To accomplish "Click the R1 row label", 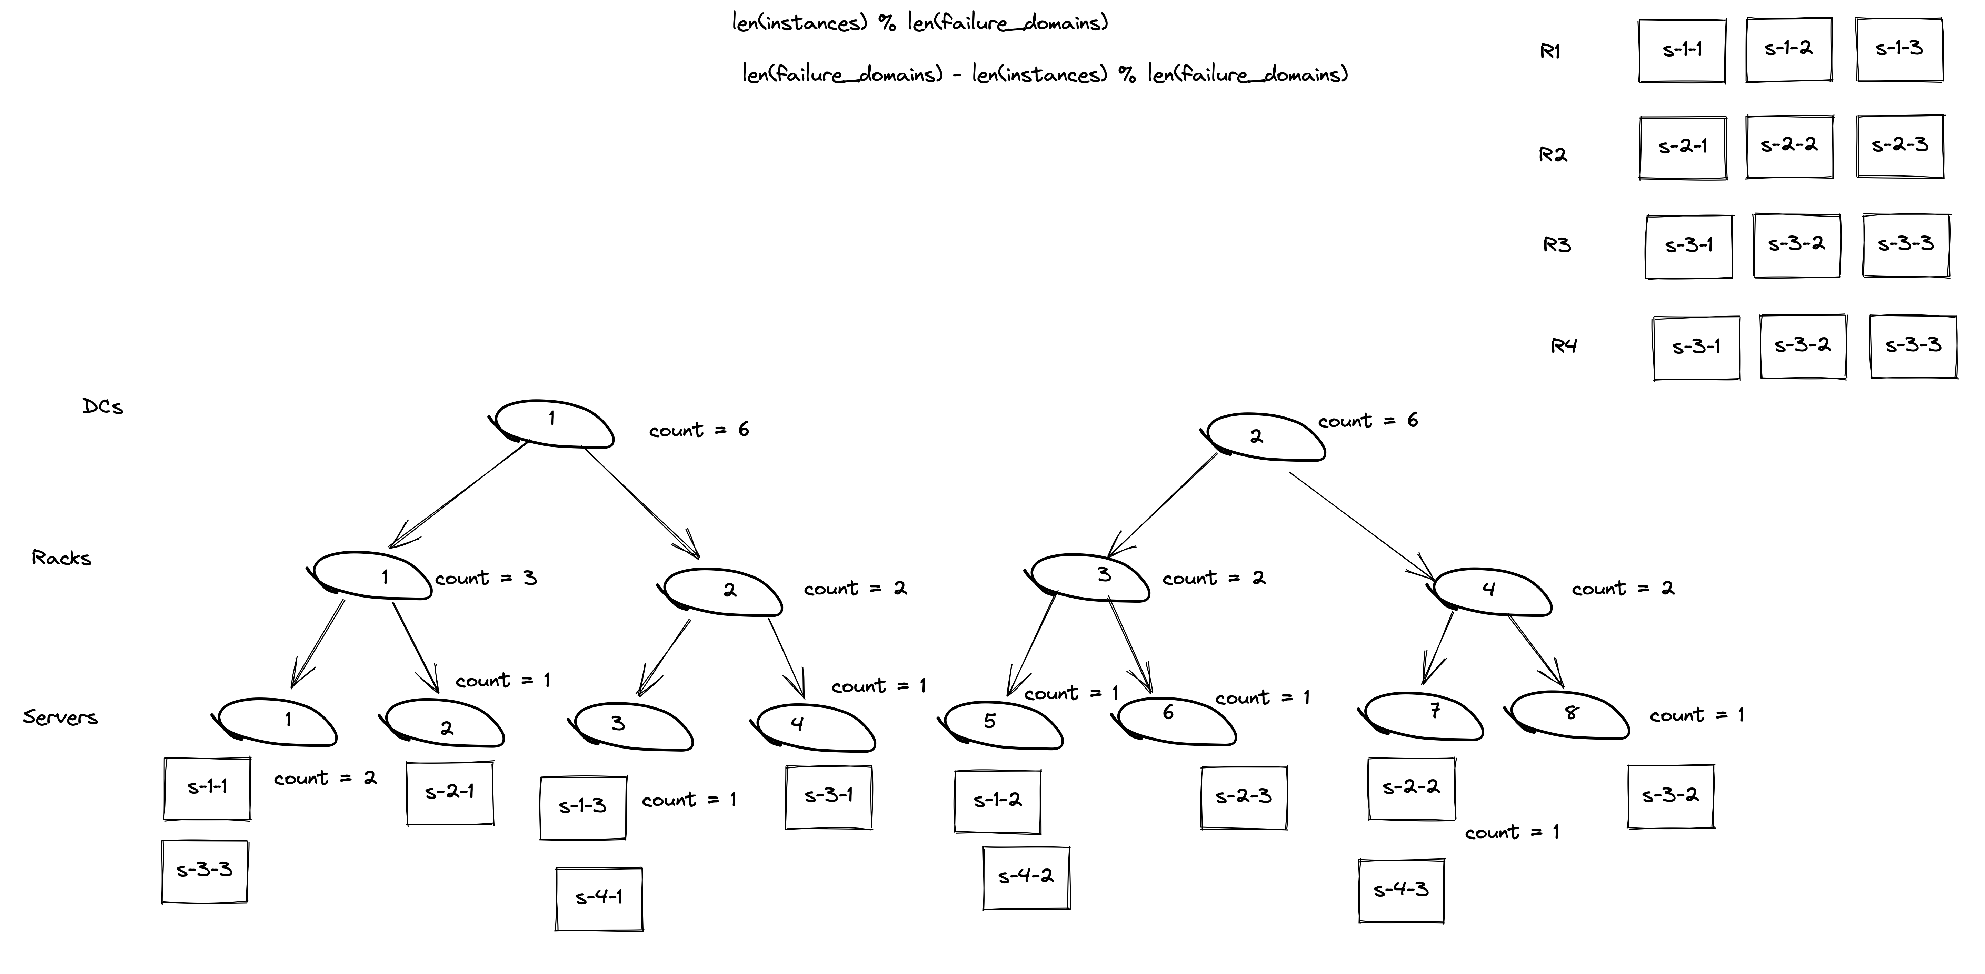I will coord(1550,52).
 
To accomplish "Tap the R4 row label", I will coord(1564,346).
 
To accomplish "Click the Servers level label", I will coord(60,717).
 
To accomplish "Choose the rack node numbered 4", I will coord(1491,591).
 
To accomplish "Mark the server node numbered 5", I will coord(1002,724).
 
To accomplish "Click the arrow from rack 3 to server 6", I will coord(1130,646).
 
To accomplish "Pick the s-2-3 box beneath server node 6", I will coord(1243,797).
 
